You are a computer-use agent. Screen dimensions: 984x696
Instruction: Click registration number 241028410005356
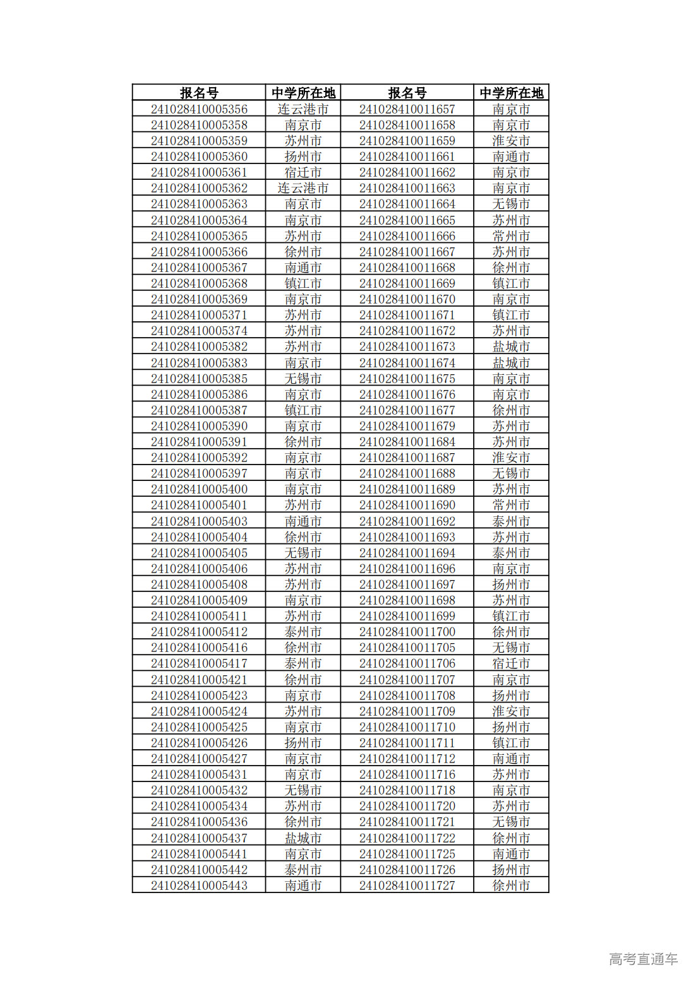point(199,109)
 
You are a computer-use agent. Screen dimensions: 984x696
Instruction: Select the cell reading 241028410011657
point(407,109)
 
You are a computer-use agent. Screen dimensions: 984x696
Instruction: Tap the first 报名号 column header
point(199,93)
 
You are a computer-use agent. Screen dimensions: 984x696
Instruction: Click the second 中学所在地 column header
point(511,93)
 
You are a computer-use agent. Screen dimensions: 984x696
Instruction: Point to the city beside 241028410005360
point(303,157)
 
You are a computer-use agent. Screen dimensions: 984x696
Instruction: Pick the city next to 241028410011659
point(511,141)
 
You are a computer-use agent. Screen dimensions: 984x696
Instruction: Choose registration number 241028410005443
point(199,886)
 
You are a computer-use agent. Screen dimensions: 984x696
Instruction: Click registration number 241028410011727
point(407,886)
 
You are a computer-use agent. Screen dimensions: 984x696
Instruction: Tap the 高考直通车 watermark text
point(643,959)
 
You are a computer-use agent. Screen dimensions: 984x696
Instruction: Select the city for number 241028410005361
point(303,172)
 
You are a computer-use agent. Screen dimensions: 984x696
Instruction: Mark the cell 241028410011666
point(407,236)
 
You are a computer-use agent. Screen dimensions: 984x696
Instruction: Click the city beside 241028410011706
point(511,663)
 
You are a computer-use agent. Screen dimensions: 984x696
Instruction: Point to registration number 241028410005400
point(199,489)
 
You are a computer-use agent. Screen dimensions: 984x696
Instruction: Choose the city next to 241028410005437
point(303,838)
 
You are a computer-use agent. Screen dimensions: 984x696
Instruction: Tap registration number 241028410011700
point(407,632)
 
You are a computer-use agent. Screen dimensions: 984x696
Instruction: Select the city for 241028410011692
point(511,521)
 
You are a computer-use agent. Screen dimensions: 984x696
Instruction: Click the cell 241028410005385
point(199,379)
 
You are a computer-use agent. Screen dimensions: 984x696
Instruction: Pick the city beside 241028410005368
point(303,283)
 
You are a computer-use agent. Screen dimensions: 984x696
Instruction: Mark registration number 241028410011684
point(407,442)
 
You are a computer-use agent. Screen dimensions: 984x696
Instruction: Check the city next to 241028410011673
point(511,347)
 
